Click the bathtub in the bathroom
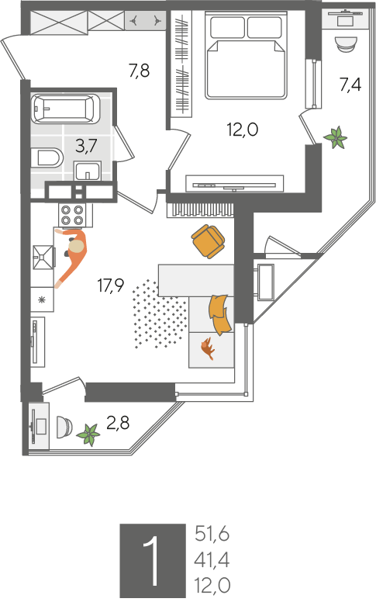pyautogui.click(x=66, y=109)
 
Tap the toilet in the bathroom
pyautogui.click(x=47, y=157)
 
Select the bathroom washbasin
pyautogui.click(x=88, y=171)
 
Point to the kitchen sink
pyautogui.click(x=43, y=258)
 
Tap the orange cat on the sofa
pyautogui.click(x=208, y=348)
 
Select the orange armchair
pyautogui.click(x=208, y=241)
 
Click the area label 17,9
pyautogui.click(x=111, y=285)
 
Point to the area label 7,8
pyautogui.click(x=139, y=71)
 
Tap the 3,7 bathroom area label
pyautogui.click(x=86, y=146)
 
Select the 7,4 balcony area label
pyautogui.click(x=350, y=84)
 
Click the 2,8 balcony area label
pyautogui.click(x=118, y=423)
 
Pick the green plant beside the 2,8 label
pyautogui.click(x=88, y=434)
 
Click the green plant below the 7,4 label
pyautogui.click(x=336, y=137)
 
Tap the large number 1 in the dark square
pyautogui.click(x=150, y=561)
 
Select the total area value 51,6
pyautogui.click(x=212, y=534)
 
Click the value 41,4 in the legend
pyautogui.click(x=212, y=560)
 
